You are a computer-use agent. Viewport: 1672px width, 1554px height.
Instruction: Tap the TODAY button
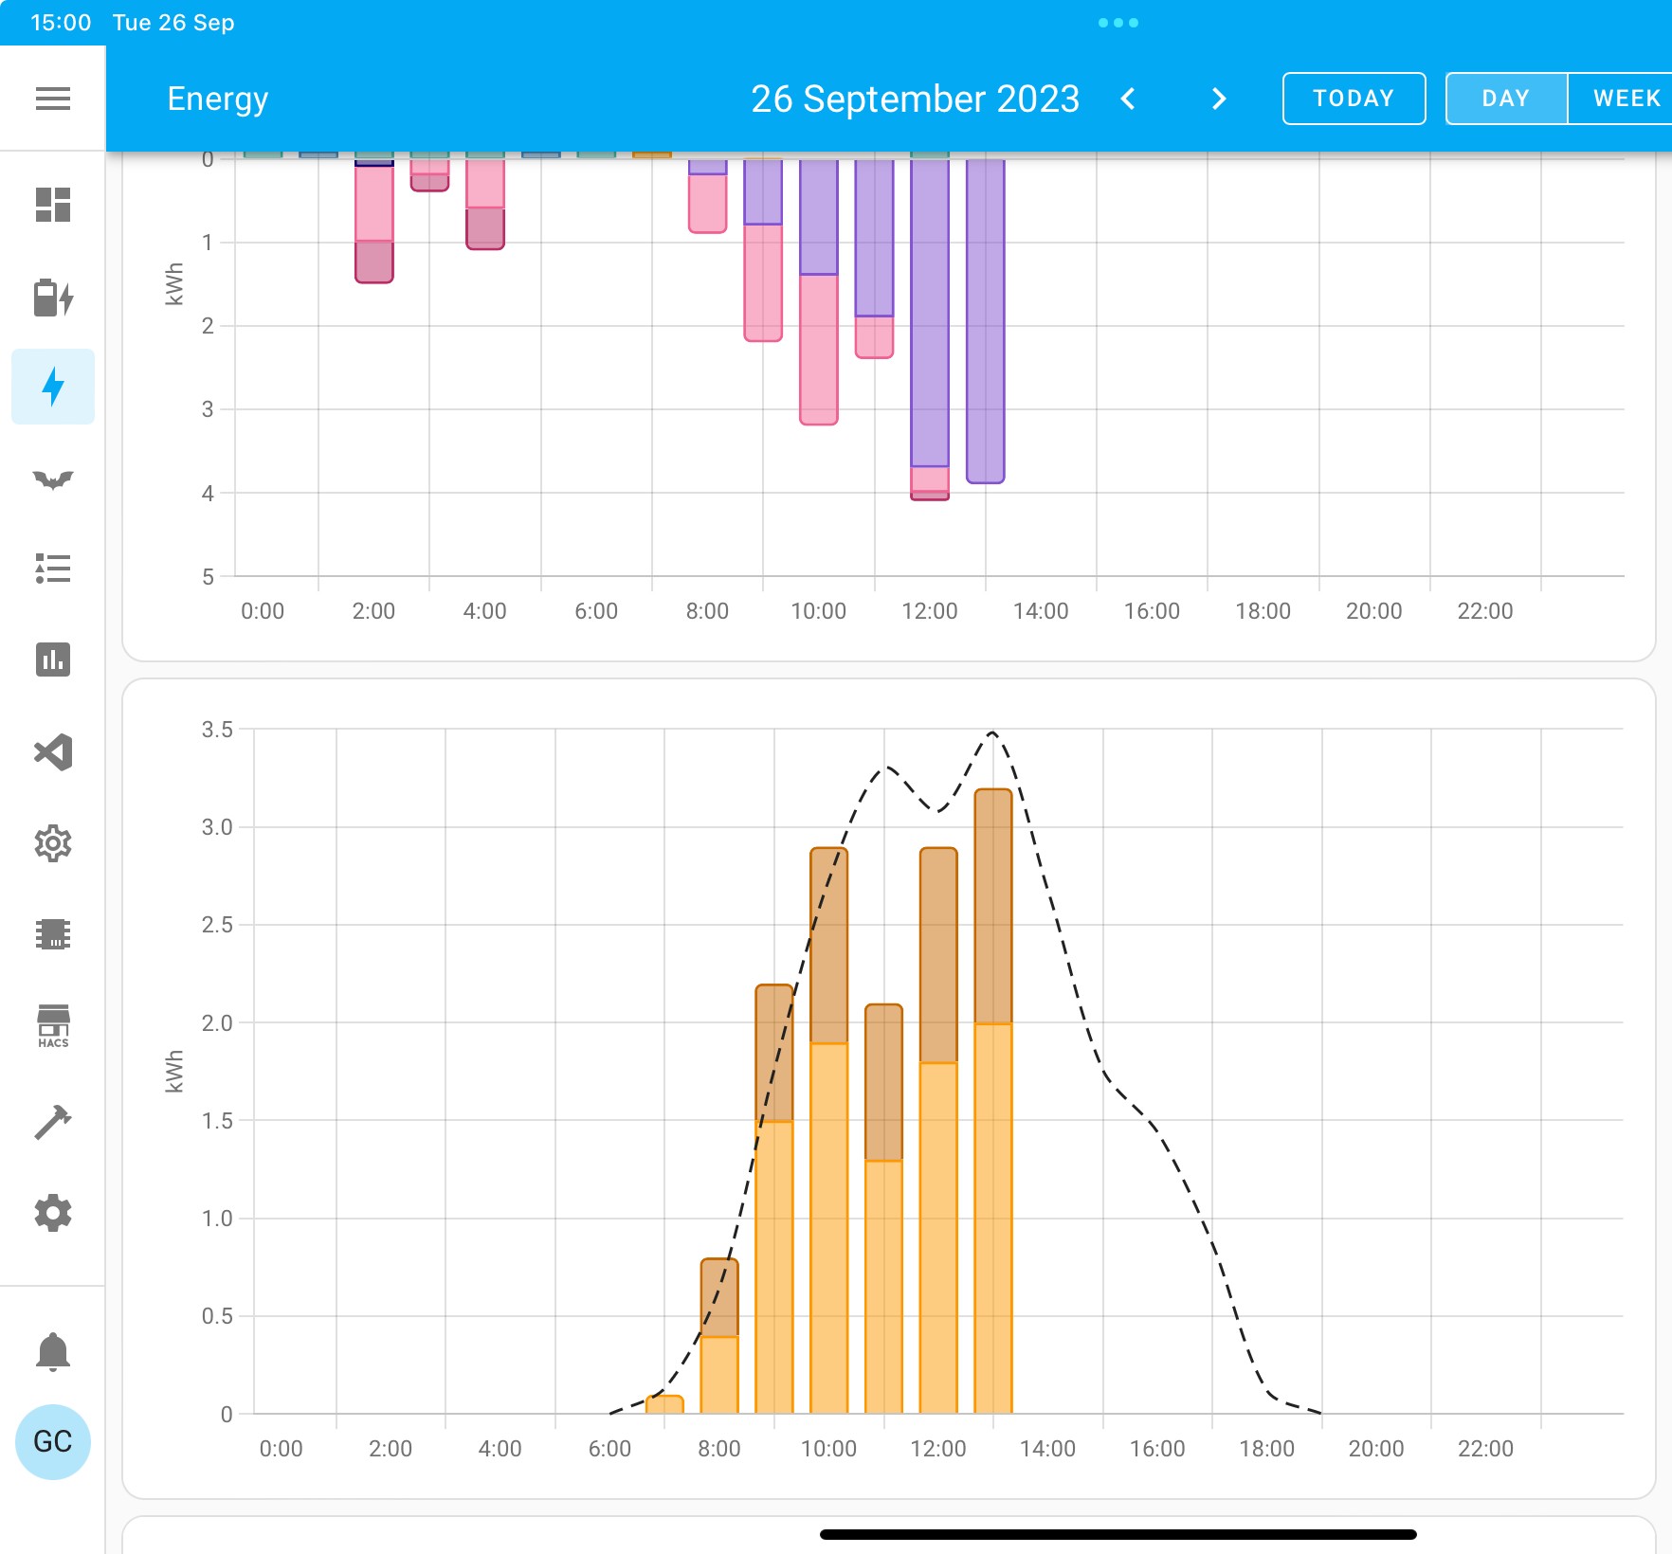tap(1354, 99)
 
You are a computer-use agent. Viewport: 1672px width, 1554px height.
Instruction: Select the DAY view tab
tap(1506, 99)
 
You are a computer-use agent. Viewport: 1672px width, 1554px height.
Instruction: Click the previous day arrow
tap(1128, 99)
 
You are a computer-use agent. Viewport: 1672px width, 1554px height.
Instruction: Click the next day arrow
tap(1219, 99)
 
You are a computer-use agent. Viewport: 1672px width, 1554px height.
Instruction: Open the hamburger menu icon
tap(53, 99)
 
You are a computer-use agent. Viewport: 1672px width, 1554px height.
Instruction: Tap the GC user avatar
tap(53, 1441)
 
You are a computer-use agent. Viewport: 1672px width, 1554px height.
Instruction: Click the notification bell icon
tap(53, 1351)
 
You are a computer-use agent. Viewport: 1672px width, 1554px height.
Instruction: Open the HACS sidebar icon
tap(53, 1026)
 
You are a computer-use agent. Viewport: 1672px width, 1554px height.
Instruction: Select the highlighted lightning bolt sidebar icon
tap(53, 387)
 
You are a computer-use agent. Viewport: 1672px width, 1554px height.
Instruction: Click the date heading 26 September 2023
tap(915, 99)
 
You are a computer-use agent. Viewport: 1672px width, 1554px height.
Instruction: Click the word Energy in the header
tap(218, 99)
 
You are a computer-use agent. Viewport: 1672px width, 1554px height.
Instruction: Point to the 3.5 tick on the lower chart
tap(217, 730)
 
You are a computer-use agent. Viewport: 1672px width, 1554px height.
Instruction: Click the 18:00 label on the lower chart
tap(1266, 1449)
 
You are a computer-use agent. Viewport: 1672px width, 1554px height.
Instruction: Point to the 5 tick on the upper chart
tap(208, 576)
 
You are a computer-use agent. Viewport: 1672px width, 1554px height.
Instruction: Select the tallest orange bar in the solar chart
tap(993, 1101)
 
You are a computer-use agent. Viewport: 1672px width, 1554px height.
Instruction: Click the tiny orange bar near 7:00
tap(664, 1404)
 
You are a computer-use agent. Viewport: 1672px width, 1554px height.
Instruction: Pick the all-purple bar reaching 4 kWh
tap(986, 321)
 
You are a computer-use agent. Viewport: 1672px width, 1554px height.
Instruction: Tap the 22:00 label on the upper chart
tap(1484, 611)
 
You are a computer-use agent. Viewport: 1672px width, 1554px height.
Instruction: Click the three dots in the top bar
tap(1118, 23)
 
